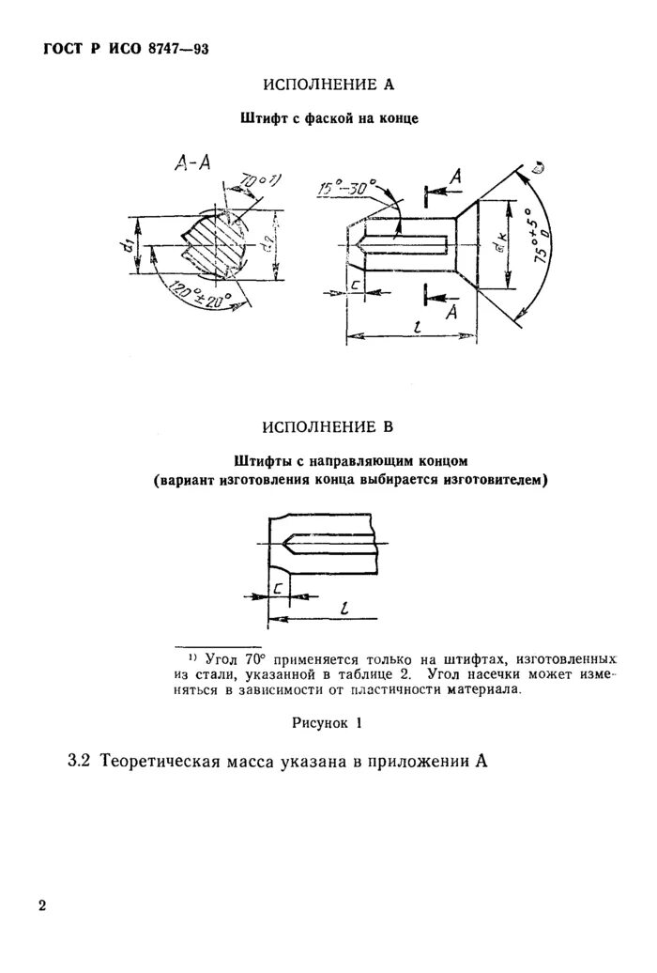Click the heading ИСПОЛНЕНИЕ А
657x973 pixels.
tap(328, 85)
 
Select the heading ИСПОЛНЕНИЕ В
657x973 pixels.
tap(328, 427)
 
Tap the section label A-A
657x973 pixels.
tap(193, 162)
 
